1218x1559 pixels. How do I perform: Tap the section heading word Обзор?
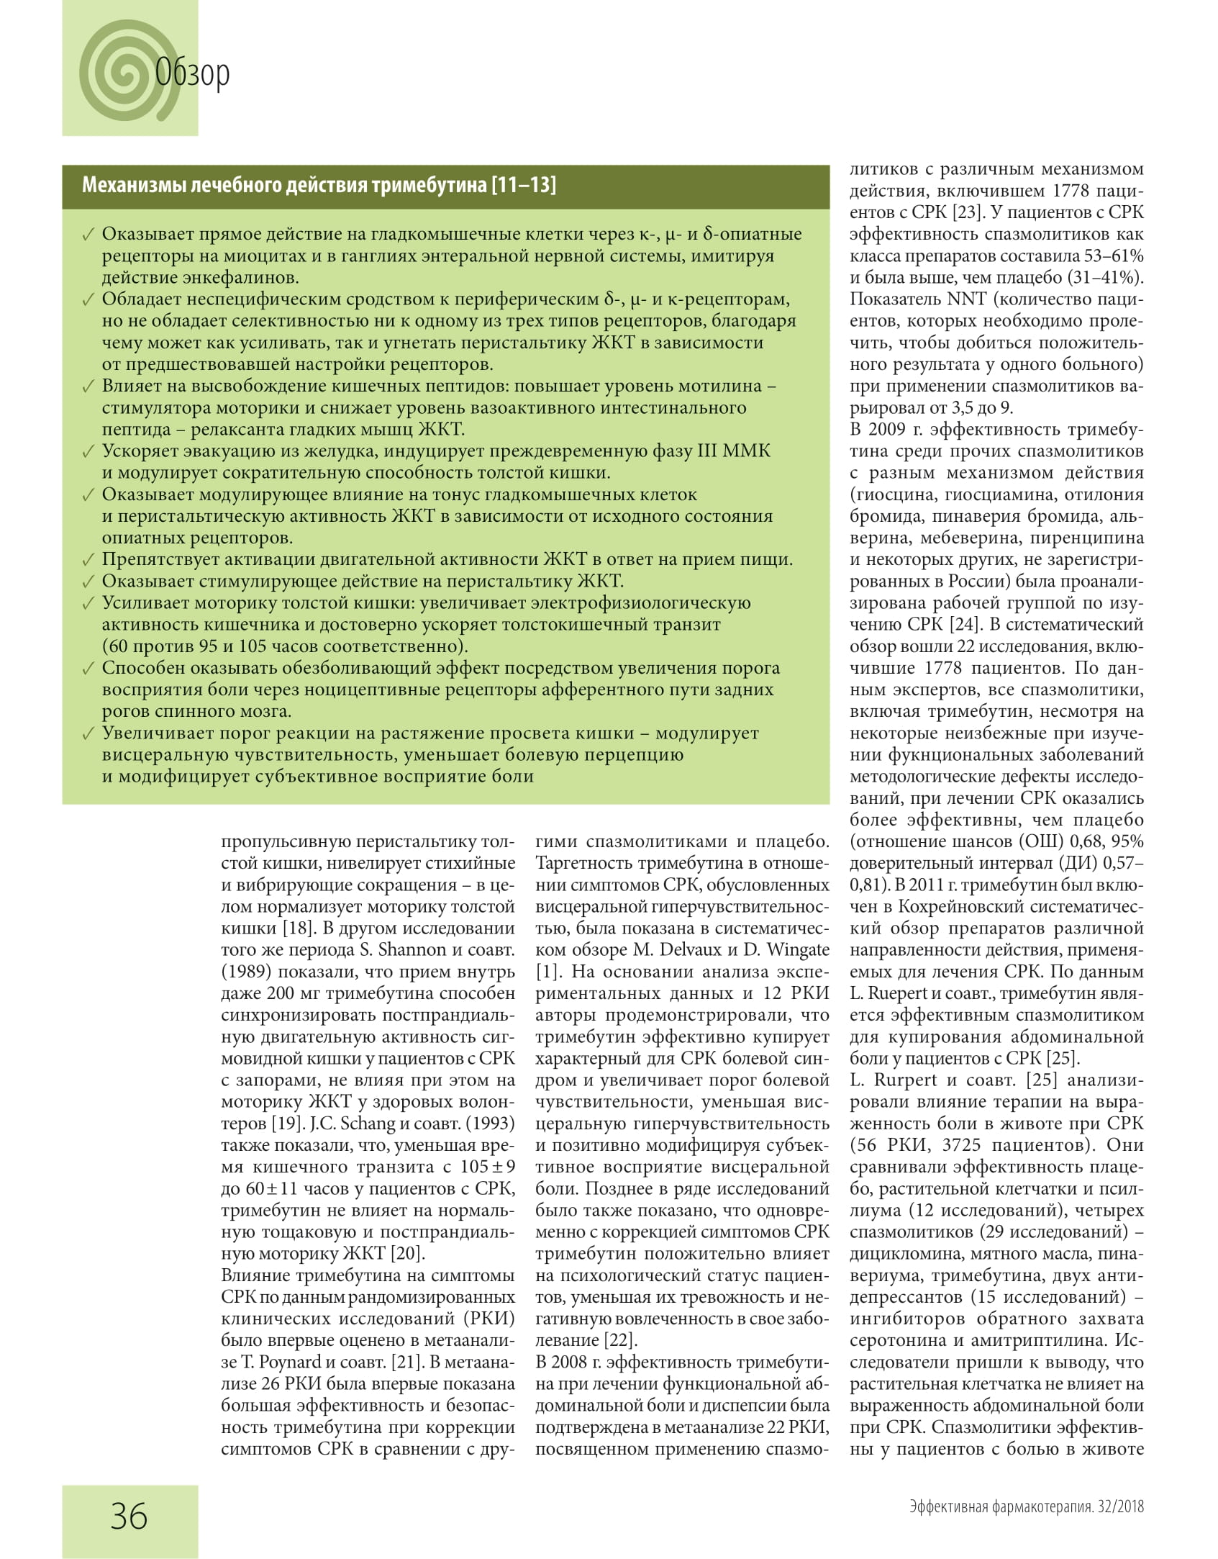coord(193,73)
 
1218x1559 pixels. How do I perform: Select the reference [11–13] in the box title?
coord(523,186)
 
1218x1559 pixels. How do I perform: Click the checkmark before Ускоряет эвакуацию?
coord(88,452)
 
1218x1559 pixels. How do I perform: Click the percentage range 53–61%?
coord(1112,256)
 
